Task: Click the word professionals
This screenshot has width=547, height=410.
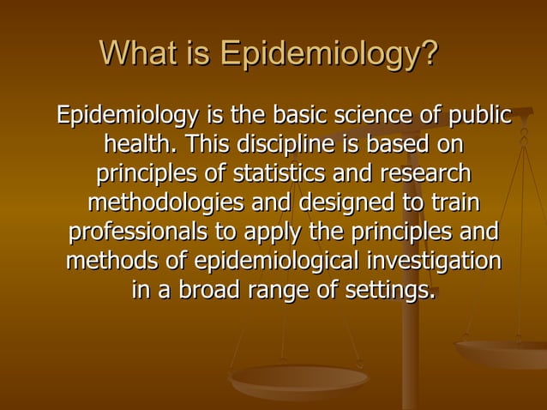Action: click(141, 233)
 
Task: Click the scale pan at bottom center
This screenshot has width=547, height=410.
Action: click(299, 377)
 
